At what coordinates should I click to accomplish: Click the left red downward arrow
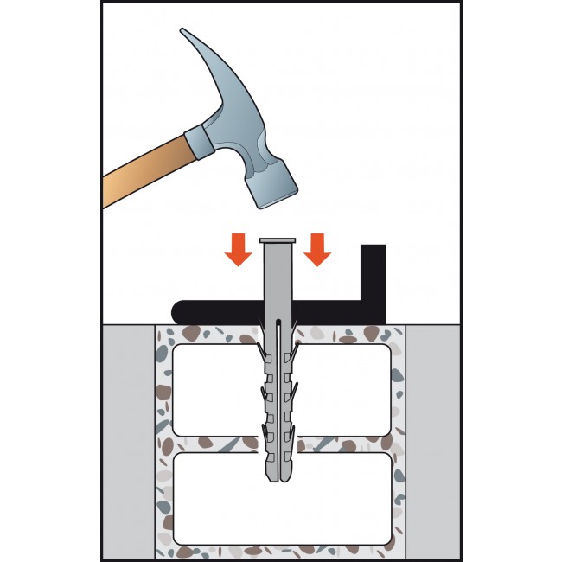(x=236, y=250)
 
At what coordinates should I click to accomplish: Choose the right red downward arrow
(x=317, y=250)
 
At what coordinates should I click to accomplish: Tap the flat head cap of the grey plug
(x=277, y=239)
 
